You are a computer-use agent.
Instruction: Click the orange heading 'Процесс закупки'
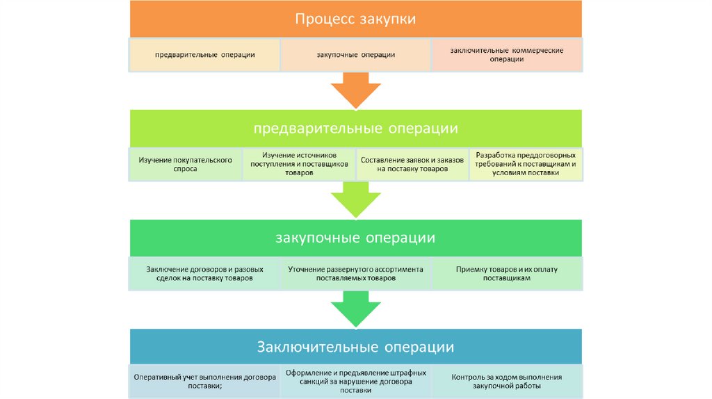(355, 19)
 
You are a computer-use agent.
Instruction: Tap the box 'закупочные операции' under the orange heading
(355, 55)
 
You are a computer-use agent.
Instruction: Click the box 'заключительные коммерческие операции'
(506, 55)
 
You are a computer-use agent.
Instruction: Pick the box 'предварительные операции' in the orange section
(204, 55)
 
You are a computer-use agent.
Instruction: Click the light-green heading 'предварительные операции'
(355, 129)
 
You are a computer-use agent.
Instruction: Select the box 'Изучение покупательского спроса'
(185, 164)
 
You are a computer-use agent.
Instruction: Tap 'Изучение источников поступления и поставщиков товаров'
(298, 164)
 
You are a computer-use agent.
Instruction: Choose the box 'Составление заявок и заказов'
(412, 164)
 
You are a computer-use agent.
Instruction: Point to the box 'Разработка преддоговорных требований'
(526, 164)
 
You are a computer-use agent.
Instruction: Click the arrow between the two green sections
(355, 200)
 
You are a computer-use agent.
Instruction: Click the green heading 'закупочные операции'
(355, 238)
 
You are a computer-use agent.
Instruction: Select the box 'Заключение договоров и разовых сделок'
(204, 273)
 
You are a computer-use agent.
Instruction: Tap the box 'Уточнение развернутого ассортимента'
(355, 273)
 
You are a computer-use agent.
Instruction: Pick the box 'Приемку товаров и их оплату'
(506, 273)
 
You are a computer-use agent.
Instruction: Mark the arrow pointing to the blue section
(355, 309)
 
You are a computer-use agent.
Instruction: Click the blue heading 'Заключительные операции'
(355, 346)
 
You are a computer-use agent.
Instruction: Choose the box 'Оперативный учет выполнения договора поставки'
(204, 381)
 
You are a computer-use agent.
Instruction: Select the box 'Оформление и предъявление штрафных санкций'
(355, 381)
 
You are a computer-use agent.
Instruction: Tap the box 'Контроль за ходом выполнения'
(506, 381)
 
